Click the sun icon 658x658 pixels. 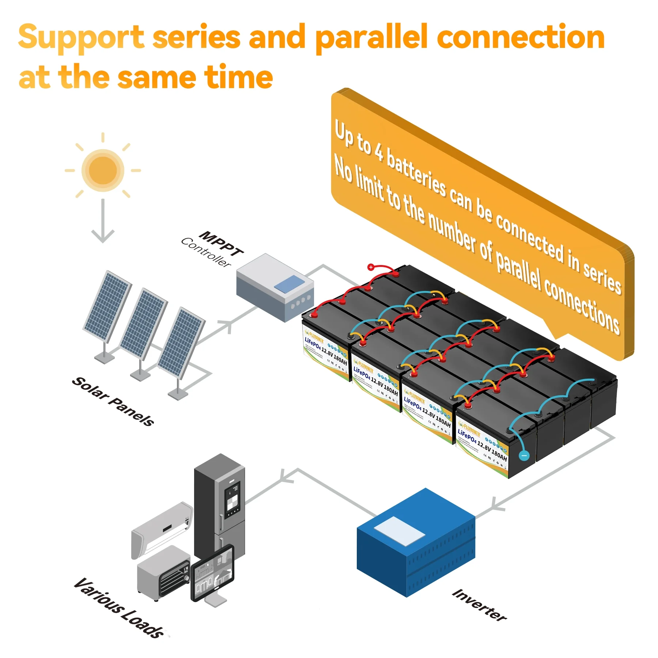(x=103, y=170)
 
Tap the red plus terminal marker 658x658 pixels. (x=371, y=267)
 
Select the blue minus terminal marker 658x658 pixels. (x=524, y=455)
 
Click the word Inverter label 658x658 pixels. (x=479, y=605)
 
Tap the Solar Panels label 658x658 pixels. (x=113, y=401)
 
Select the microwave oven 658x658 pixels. (x=163, y=572)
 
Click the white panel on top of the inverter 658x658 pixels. (x=400, y=531)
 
